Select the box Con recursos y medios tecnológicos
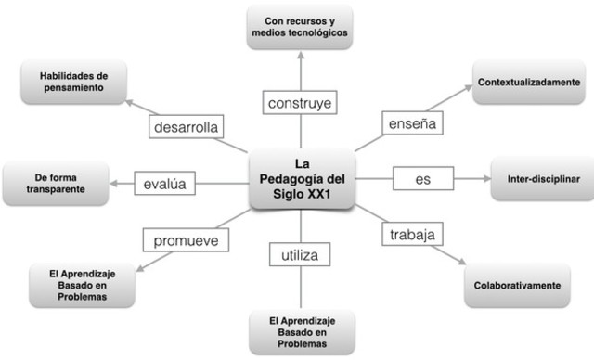pyautogui.click(x=299, y=26)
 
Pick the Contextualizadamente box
pyautogui.click(x=529, y=83)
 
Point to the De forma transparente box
pyautogui.click(x=54, y=183)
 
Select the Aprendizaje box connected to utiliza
pyautogui.click(x=300, y=332)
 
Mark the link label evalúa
pyautogui.click(x=166, y=184)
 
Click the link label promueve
pyautogui.click(x=186, y=240)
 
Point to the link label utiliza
pyautogui.click(x=299, y=251)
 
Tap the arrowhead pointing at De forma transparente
pyautogui.click(x=113, y=184)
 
